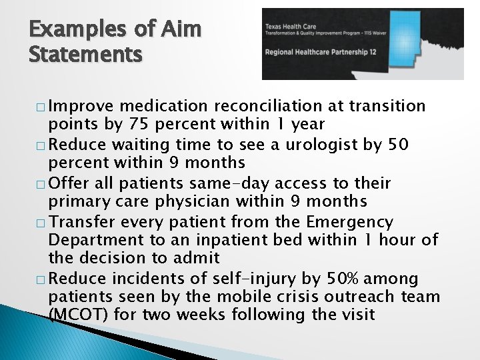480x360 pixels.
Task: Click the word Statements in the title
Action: click(85, 53)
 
